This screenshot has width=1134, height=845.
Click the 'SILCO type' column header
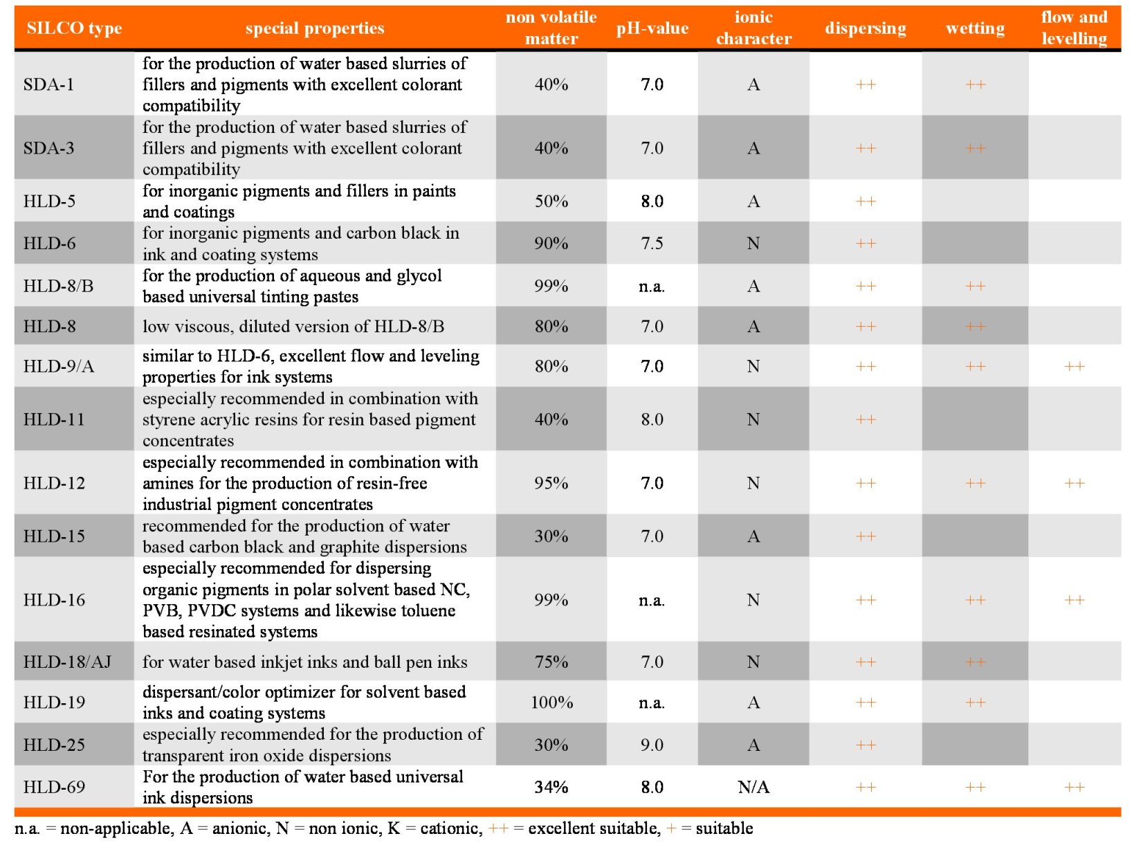74,28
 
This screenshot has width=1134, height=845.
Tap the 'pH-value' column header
652,28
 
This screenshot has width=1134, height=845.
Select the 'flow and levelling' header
1074,28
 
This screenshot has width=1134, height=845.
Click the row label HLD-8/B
58,285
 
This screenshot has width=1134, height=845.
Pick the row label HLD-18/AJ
67,662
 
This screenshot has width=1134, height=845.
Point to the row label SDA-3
48,148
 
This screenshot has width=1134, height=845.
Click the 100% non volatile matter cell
551,702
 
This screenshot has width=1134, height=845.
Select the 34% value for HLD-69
551,786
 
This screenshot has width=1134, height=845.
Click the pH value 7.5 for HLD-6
652,243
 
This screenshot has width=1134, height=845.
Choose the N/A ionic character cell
753,786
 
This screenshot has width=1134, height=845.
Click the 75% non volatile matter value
551,662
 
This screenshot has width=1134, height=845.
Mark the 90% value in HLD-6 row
551,243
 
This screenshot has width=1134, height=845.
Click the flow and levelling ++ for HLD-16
1074,599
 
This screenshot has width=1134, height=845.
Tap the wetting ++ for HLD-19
975,702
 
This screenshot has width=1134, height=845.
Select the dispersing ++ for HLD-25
866,745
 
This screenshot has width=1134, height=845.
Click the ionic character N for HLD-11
753,419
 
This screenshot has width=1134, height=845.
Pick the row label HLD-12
54,483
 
